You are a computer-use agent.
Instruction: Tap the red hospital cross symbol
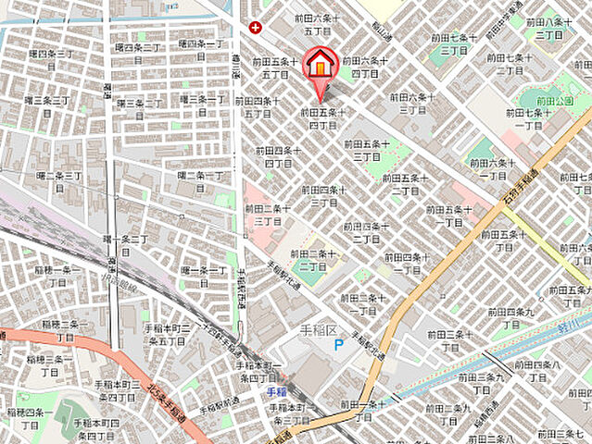(x=255, y=28)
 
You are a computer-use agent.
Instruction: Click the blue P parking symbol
(x=339, y=344)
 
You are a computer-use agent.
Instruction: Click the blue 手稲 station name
(x=277, y=391)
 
